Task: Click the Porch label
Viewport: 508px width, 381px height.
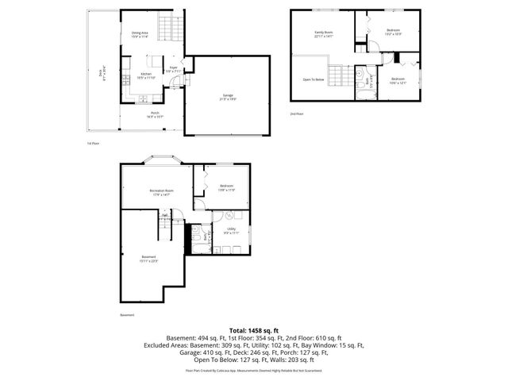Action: click(155, 114)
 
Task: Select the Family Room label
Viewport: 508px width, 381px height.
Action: click(322, 33)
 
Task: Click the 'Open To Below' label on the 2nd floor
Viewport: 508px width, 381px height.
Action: click(314, 79)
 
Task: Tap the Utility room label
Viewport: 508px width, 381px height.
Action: click(230, 231)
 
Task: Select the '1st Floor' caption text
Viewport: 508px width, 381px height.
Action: click(93, 144)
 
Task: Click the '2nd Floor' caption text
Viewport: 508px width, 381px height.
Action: click(296, 114)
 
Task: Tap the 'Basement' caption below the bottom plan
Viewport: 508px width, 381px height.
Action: click(127, 315)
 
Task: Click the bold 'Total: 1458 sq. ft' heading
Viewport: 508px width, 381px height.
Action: click(253, 329)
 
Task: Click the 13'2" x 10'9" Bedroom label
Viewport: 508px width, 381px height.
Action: click(393, 33)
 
